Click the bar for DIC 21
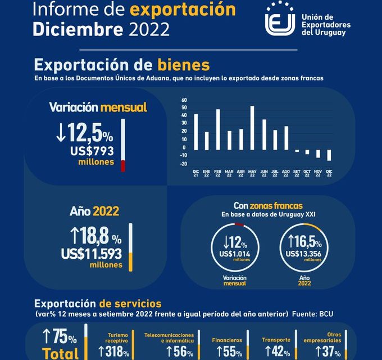pyautogui.click(x=195, y=132)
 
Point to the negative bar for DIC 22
pyautogui.click(x=329, y=155)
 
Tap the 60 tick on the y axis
pyautogui.click(x=184, y=100)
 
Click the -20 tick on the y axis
pyautogui.click(x=183, y=164)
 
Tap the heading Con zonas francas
pyautogui.click(x=267, y=206)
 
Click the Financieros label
pyautogui.click(x=227, y=340)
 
